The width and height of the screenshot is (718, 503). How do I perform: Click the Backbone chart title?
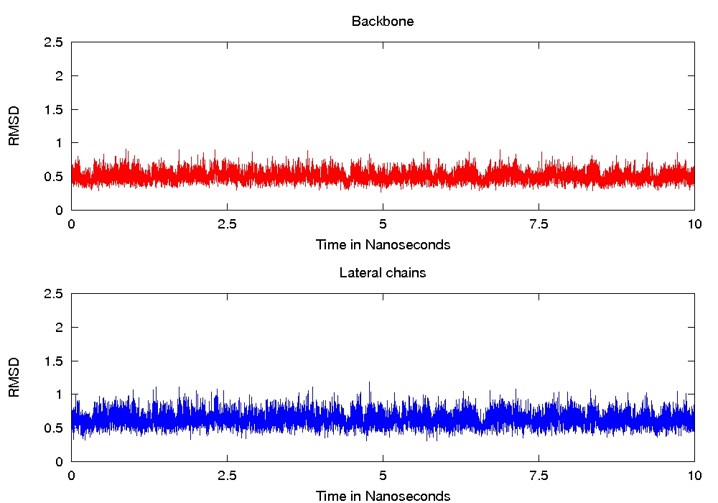click(383, 22)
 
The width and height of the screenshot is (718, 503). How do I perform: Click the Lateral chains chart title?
click(383, 273)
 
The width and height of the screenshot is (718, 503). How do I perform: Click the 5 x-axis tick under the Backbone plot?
click(383, 223)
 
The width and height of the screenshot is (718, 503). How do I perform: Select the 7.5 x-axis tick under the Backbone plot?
click(538, 223)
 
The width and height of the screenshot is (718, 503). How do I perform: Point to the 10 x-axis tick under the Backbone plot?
click(694, 223)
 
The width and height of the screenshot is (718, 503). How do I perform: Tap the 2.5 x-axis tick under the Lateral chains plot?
click(227, 475)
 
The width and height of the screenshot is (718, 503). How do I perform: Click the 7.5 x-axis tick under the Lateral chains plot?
click(538, 475)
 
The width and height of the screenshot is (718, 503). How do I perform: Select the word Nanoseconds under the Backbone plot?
click(408, 244)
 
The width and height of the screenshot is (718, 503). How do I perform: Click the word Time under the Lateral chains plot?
click(330, 496)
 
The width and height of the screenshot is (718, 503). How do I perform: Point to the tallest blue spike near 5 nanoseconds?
click(369, 384)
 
